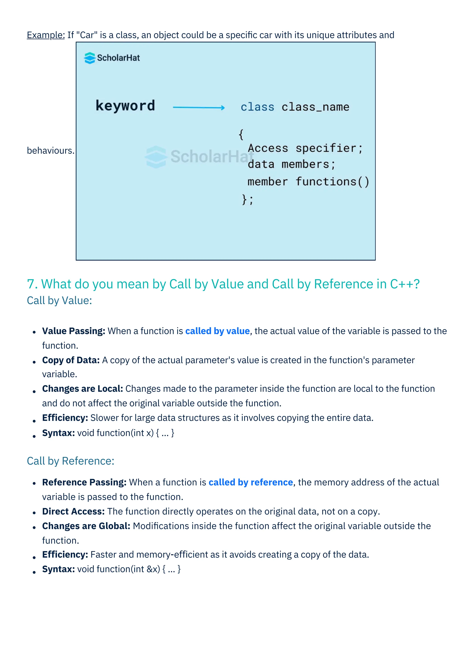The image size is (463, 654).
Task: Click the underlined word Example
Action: pos(46,35)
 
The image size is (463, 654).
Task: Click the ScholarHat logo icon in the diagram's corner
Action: pos(90,58)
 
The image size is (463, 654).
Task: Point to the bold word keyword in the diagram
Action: pos(125,106)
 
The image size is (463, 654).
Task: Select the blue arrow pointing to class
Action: pos(199,107)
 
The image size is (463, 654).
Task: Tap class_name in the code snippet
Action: pos(315,107)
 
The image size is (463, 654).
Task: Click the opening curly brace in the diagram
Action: pos(241,134)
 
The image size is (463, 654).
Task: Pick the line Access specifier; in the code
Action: pos(305,148)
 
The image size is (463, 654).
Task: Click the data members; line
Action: pos(291,165)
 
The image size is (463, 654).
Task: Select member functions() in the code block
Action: pos(308,182)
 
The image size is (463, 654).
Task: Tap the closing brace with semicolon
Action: pos(247,199)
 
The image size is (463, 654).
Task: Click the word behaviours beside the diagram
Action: pos(50,150)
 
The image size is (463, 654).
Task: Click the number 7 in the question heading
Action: pos(32,284)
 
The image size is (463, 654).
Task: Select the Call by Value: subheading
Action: pos(59,301)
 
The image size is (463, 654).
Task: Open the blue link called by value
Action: pos(217,331)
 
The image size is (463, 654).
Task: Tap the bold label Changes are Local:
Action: pos(82,389)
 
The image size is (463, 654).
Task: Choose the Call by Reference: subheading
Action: pos(70,461)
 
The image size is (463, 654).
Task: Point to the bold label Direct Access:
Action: pos(73,511)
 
